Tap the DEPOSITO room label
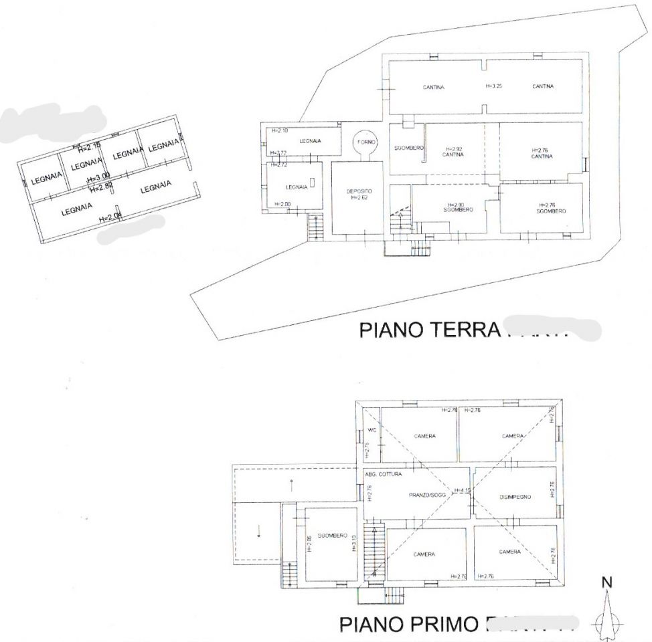(x=359, y=191)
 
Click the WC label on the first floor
(x=370, y=430)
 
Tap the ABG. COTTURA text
(x=384, y=474)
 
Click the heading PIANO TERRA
(x=430, y=330)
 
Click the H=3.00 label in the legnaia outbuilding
(x=98, y=177)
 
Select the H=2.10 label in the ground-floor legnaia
(x=278, y=130)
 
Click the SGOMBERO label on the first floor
(x=332, y=536)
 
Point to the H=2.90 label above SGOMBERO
(x=458, y=205)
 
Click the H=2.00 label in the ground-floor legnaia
(x=282, y=204)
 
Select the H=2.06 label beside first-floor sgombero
(x=309, y=544)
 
